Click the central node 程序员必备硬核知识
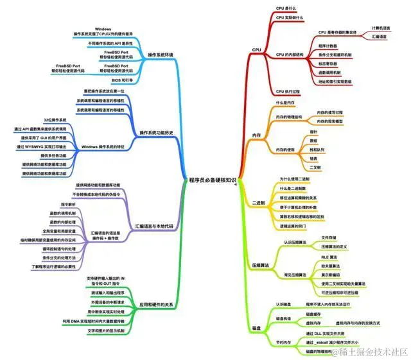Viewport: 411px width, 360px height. coord(211,180)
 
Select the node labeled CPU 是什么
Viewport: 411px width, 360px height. coord(286,8)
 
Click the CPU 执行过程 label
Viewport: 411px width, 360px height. coord(288,92)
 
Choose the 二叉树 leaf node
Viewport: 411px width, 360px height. coord(315,167)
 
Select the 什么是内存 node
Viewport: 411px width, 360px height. coord(285,103)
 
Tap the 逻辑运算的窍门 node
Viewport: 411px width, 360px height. coord(296,226)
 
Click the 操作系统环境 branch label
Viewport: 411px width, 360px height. coord(160,55)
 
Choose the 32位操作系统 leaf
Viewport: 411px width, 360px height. coord(55,120)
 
